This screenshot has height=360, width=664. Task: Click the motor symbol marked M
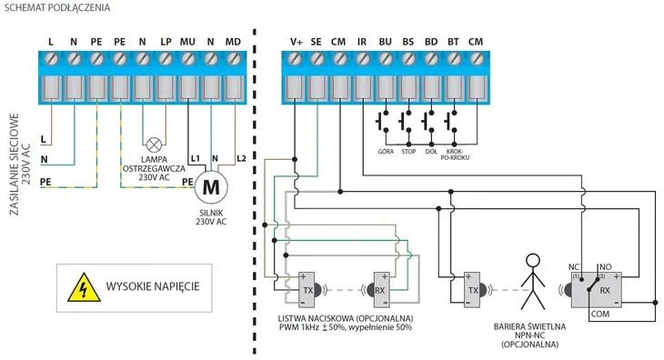(211, 187)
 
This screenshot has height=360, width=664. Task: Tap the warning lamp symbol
(154, 145)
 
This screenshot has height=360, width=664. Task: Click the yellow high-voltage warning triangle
(84, 287)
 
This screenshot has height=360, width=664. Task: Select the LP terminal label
(166, 42)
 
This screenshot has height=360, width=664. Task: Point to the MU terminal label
(187, 42)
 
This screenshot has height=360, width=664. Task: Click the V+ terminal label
(297, 42)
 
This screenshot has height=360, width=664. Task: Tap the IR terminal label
(362, 42)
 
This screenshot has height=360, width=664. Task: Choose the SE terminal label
(316, 42)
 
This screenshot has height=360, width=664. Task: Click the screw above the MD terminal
(234, 58)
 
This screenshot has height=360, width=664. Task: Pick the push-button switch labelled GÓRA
(382, 122)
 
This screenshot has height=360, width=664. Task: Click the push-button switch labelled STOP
(406, 122)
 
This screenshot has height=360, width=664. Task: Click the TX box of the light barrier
(472, 290)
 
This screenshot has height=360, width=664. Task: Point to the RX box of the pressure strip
(381, 290)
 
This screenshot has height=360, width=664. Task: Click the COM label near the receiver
(600, 315)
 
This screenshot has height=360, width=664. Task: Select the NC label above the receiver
(573, 267)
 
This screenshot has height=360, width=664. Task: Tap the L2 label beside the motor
(241, 159)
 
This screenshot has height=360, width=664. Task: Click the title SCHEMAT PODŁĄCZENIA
(57, 7)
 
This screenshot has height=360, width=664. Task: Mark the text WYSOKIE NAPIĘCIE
(153, 286)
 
